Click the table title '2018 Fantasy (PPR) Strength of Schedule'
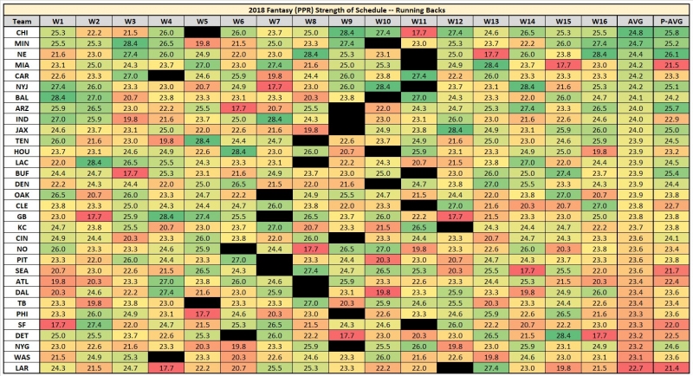pos(346,7)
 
